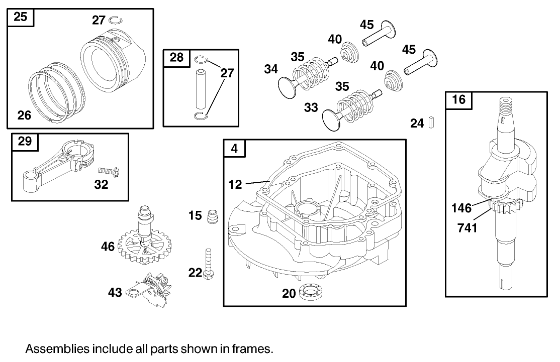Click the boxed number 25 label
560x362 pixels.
(x=20, y=17)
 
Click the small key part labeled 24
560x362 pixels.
(x=431, y=123)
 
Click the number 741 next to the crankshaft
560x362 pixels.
(x=468, y=227)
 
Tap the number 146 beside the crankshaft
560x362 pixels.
(x=461, y=207)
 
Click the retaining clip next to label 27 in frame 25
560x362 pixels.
(x=116, y=20)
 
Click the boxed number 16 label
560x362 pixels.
(x=459, y=99)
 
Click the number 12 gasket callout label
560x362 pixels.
(x=235, y=185)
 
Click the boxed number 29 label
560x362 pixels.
(x=25, y=141)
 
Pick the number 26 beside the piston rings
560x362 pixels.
(x=24, y=115)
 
